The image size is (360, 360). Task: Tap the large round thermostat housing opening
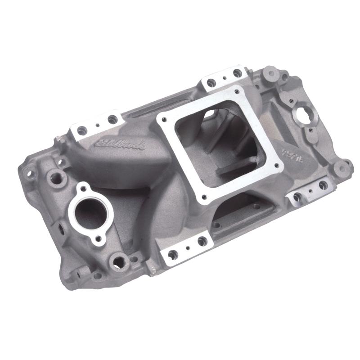click(92, 212)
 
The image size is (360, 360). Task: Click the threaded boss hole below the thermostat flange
click(119, 260)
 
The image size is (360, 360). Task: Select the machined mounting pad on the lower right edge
click(310, 189)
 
